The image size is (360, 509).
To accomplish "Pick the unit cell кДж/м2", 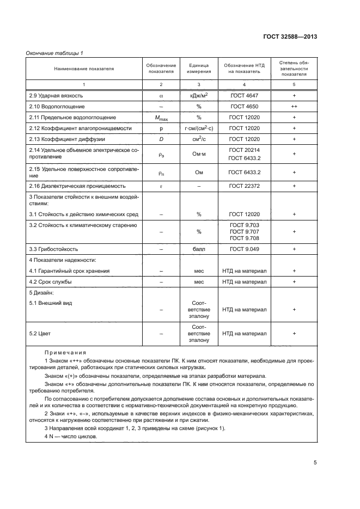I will pos(199,95).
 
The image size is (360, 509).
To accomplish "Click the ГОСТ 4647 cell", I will pos(244,95).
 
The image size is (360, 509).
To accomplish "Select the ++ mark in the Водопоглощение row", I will pos(294,107).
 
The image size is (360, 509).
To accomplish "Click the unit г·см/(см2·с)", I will pos(199,128).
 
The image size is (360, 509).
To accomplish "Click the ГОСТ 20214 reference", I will pos(244,150).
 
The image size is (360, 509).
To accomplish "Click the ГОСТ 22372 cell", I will pos(244,186).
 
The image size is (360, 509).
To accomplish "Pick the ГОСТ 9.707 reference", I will pos(244,231).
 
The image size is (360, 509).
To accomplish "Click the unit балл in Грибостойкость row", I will pos(199,249).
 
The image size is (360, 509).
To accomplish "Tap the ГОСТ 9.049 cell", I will pos(244,249).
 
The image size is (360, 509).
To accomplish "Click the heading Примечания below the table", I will pos(65,353).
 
